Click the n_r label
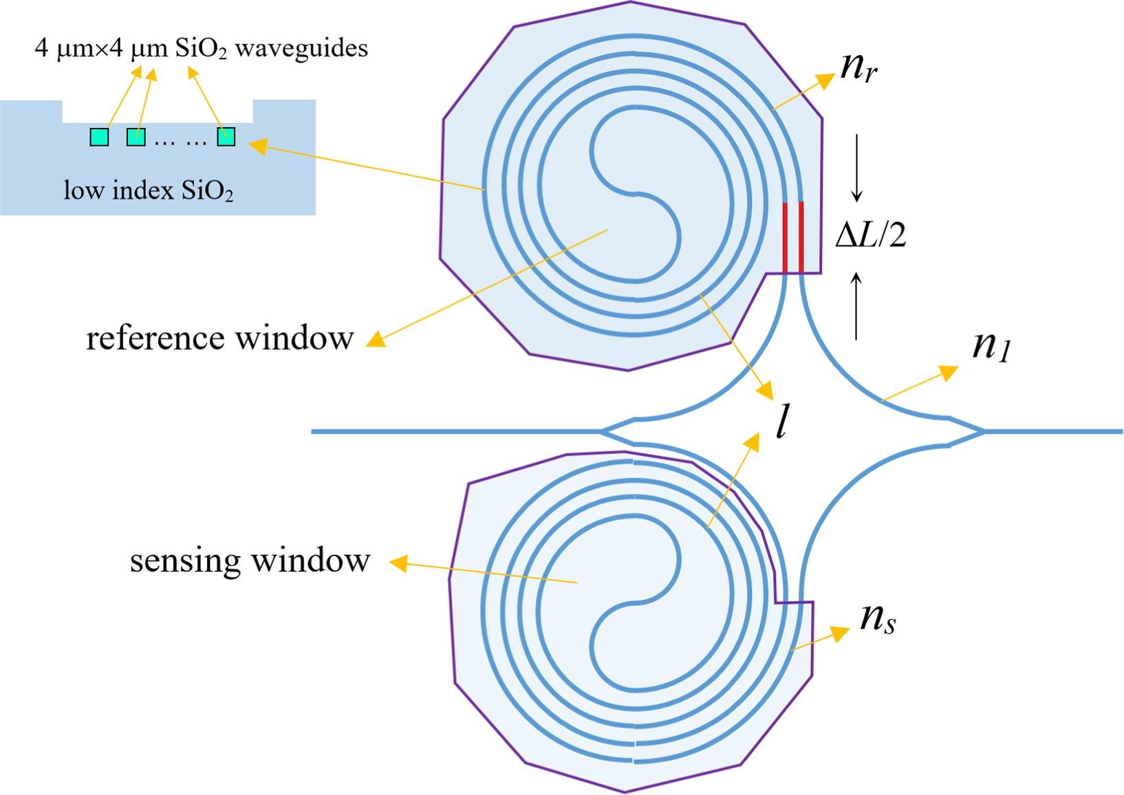858,69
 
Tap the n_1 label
992,347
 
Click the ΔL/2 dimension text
871,235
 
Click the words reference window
220,338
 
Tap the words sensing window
250,560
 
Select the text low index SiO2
149,190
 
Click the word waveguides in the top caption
301,49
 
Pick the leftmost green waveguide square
99,137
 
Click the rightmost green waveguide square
226,136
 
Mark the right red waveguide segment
801,237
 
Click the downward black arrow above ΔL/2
856,168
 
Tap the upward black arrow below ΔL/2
856,306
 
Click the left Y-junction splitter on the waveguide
619,431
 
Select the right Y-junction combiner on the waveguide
965,431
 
